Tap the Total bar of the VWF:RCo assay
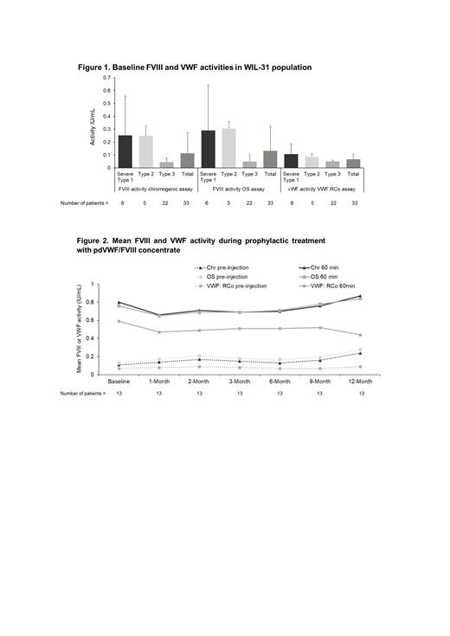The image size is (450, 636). coord(352,163)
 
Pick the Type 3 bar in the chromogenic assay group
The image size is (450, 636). coord(167,164)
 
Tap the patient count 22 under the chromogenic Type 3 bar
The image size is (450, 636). coord(166,203)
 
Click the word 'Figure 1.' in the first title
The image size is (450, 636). coord(95,66)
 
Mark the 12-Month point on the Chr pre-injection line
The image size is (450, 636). coord(359,353)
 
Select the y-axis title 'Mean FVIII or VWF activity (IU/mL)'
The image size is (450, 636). coord(80,329)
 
